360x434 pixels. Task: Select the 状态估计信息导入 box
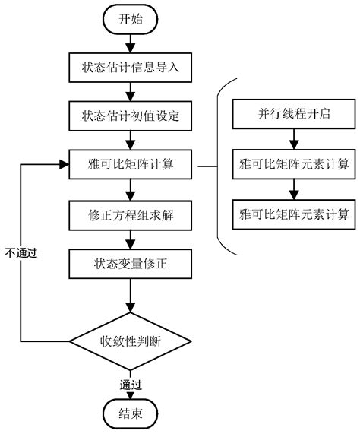click(131, 68)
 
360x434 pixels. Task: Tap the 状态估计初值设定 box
click(131, 116)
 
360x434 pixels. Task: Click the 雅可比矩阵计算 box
click(131, 163)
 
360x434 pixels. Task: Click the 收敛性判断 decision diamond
click(131, 339)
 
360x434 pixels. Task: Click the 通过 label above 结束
click(131, 384)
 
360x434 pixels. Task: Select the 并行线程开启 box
click(292, 116)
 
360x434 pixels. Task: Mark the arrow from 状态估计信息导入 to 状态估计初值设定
click(131, 92)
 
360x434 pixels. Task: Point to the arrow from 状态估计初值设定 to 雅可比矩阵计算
click(131, 140)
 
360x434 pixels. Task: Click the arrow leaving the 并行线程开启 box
click(292, 140)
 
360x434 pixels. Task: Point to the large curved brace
click(221, 163)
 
